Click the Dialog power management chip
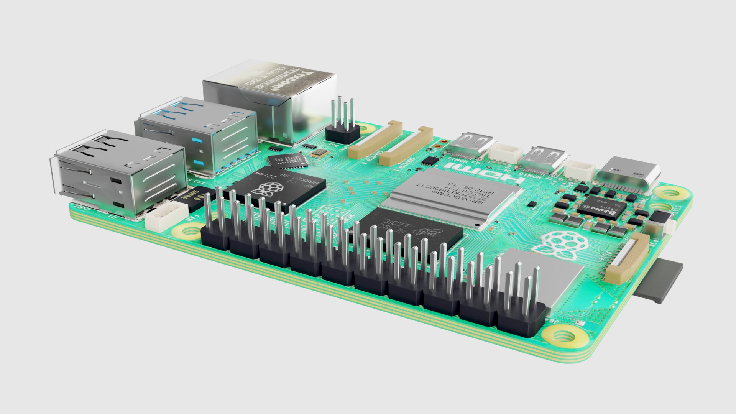pos(602,209)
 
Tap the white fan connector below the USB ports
pos(167,215)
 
